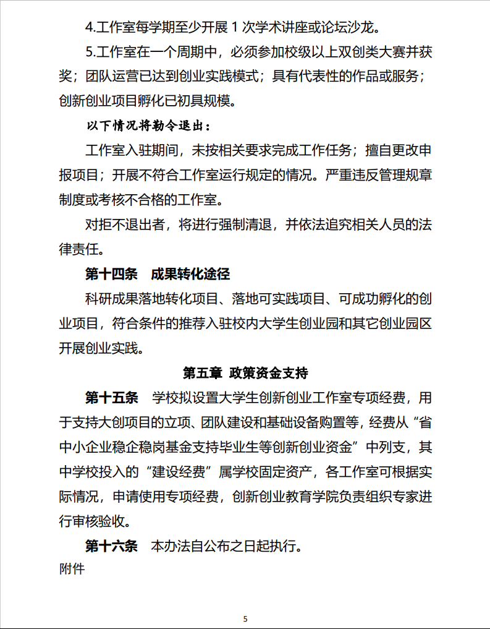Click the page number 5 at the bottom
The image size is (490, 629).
245,618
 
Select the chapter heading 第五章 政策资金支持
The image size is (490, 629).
245,373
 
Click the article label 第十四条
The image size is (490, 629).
111,275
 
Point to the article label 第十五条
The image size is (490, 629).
111,396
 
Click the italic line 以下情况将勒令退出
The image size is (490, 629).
148,127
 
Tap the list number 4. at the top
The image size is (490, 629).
91,27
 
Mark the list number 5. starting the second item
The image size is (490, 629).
91,51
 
